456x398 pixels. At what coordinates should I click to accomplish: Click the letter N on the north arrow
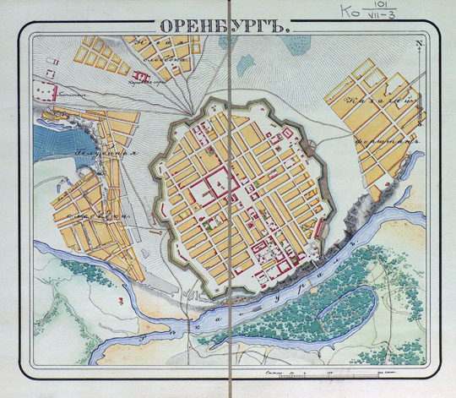[418, 47]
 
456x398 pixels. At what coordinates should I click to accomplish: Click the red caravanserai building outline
[142, 78]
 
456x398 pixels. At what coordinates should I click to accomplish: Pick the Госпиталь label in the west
[61, 97]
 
